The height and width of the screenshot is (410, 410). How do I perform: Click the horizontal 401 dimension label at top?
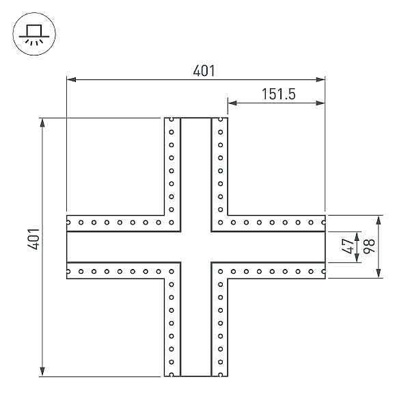(x=204, y=71)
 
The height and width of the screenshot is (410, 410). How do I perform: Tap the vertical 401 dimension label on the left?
(x=33, y=239)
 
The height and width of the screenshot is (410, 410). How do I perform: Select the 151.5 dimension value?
(x=279, y=94)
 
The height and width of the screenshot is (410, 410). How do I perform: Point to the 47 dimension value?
(x=348, y=246)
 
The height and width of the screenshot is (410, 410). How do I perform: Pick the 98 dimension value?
(x=369, y=246)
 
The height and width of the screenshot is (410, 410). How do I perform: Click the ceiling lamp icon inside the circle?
(x=34, y=35)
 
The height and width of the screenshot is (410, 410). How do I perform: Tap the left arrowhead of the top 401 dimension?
(x=71, y=79)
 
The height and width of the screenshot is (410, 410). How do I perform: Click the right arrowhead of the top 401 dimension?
(x=320, y=79)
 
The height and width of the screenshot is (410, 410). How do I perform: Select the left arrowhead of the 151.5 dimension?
(x=232, y=103)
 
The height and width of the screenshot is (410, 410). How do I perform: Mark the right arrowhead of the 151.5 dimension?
(x=320, y=103)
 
